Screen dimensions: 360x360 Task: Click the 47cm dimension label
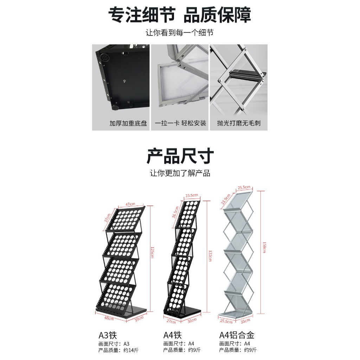click(x=130, y=204)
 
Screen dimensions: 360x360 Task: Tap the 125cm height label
click(x=152, y=252)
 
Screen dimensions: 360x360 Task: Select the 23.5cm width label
click(x=192, y=195)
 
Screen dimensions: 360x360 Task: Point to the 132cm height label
click(x=210, y=256)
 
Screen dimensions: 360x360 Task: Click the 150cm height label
click(x=264, y=247)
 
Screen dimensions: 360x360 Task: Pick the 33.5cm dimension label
click(x=225, y=199)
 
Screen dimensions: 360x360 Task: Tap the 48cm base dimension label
click(x=109, y=318)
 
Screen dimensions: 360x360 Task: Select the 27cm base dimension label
click(x=171, y=321)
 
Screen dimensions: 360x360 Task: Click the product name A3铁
click(x=108, y=335)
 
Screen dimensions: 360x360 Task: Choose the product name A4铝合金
click(x=237, y=335)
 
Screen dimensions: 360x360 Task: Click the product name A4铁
click(x=172, y=335)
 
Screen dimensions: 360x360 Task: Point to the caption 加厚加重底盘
click(x=128, y=123)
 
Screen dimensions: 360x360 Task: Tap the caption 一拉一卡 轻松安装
click(x=180, y=123)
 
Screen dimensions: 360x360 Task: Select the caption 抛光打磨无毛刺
click(x=239, y=123)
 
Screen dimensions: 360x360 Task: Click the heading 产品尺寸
click(x=180, y=156)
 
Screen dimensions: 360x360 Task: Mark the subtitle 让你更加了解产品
click(x=180, y=173)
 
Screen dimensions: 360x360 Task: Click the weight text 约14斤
click(x=131, y=350)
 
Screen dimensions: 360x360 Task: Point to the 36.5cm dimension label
click(x=175, y=212)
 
